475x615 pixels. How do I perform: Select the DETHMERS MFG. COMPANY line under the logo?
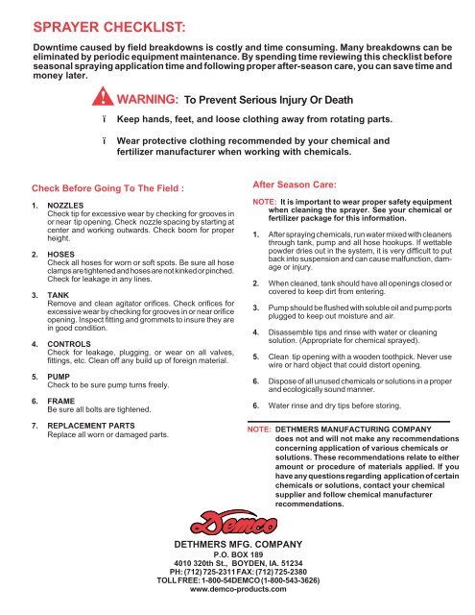236,553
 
